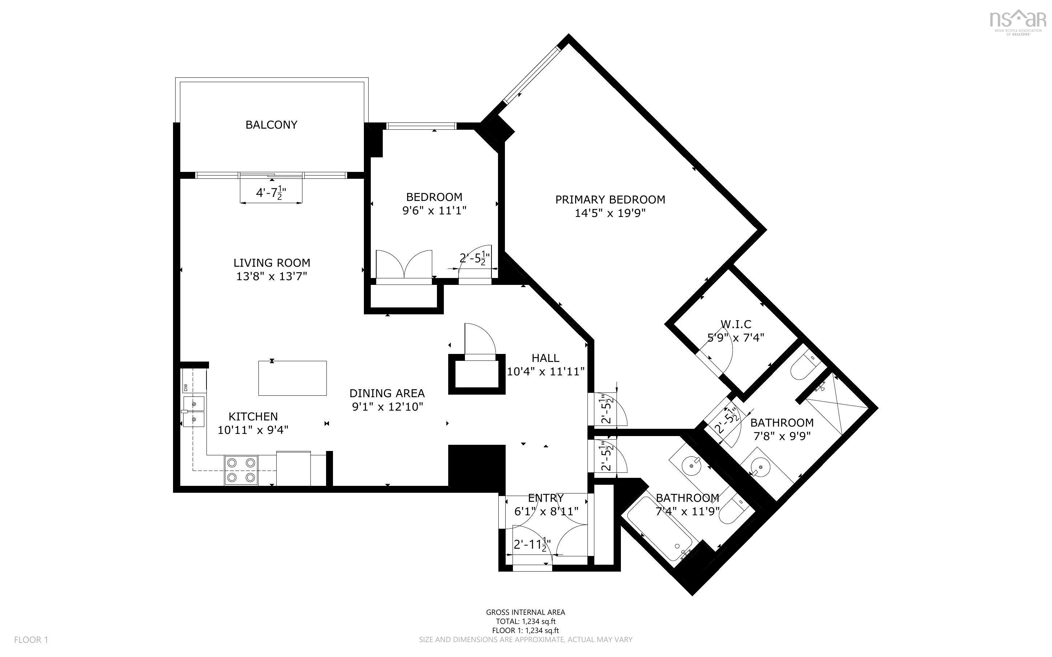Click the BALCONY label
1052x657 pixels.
(x=271, y=125)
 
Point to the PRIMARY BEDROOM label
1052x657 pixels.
(x=610, y=199)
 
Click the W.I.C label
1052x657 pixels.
(x=736, y=324)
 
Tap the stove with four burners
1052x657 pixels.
(x=241, y=470)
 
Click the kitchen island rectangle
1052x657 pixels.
(x=292, y=378)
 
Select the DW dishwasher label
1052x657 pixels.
(x=185, y=387)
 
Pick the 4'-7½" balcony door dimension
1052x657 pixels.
(x=271, y=193)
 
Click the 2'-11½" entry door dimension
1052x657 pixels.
(x=532, y=545)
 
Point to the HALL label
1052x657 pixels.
(x=545, y=358)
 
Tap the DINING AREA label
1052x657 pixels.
(x=387, y=393)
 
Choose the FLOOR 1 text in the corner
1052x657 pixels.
(x=31, y=640)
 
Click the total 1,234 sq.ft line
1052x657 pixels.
(x=526, y=621)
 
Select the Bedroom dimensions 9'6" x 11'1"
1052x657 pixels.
(x=434, y=211)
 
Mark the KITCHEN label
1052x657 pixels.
(x=253, y=417)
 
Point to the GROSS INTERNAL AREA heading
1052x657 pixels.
(x=526, y=612)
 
